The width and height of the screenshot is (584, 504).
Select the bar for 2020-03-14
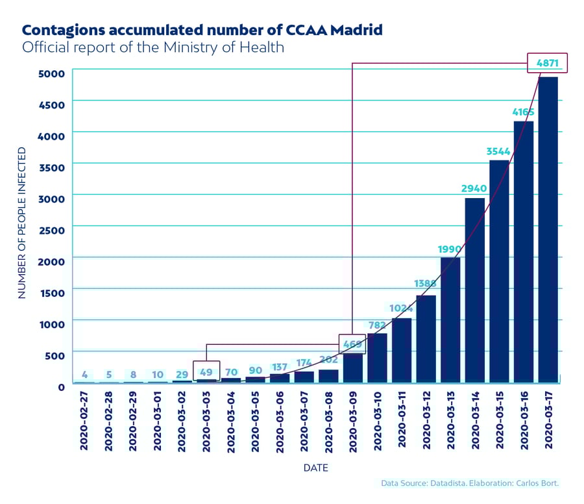tap(474, 290)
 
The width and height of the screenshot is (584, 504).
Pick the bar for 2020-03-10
tap(377, 358)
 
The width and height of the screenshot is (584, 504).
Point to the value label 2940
tap(474, 188)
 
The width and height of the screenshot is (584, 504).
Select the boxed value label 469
tap(352, 344)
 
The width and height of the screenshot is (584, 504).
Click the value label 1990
tap(450, 249)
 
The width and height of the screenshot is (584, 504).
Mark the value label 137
tap(280, 368)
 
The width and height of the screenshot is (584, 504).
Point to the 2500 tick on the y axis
tap(53, 230)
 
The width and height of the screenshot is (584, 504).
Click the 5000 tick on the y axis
tap(53, 73)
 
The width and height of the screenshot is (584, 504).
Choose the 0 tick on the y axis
tap(61, 387)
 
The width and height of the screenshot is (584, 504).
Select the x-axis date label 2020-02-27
tap(84, 421)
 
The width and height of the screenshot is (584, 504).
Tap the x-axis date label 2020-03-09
tap(352, 421)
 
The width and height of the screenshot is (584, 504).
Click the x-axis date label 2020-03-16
tap(523, 421)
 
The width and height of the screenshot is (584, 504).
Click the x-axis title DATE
tap(315, 468)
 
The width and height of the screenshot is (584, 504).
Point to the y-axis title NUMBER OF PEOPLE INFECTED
tap(22, 223)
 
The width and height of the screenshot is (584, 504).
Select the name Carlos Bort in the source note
tap(537, 483)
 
